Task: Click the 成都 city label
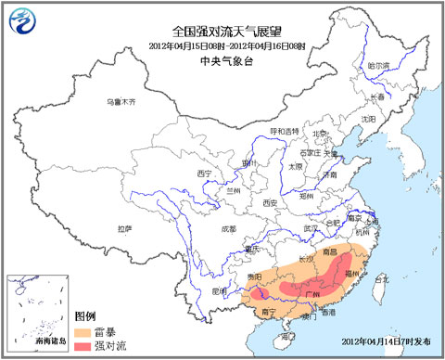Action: click(228, 228)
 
